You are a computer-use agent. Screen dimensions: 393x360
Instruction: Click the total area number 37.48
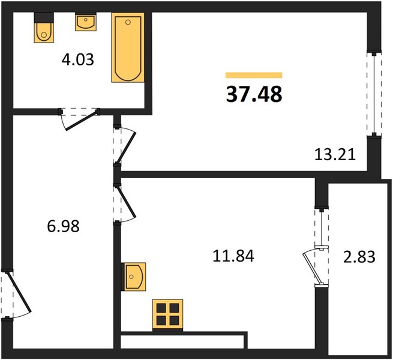(254, 94)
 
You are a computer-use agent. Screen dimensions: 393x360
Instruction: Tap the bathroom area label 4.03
(77, 60)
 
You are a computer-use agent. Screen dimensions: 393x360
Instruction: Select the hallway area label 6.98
(63, 226)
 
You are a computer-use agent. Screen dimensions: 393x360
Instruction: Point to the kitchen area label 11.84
(233, 256)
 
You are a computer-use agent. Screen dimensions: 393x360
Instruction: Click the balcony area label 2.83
(359, 257)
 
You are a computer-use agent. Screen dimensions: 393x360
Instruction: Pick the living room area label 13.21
(335, 155)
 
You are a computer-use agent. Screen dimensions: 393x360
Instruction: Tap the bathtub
(128, 47)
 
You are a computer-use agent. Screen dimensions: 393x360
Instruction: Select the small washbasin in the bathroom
(86, 22)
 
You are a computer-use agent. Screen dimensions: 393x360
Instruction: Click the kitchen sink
(133, 277)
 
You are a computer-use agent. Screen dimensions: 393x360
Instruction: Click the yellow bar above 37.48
(254, 75)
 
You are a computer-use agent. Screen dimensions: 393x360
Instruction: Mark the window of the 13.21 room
(374, 94)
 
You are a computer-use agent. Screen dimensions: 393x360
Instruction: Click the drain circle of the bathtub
(128, 22)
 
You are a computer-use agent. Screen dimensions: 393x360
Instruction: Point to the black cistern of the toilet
(44, 17)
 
